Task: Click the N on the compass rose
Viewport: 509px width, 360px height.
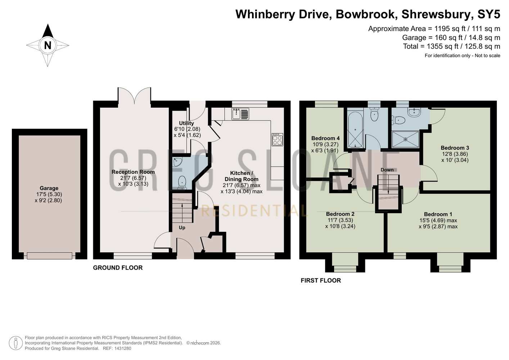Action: (48, 45)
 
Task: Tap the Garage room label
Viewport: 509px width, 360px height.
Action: (49, 188)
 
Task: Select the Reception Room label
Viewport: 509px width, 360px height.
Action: (133, 172)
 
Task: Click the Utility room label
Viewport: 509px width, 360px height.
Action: (186, 123)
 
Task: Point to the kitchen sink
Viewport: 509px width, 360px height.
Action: (240, 114)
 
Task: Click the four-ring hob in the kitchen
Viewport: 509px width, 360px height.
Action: (278, 140)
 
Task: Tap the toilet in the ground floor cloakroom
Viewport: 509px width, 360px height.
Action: (182, 183)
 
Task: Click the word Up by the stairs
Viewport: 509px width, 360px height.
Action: (182, 228)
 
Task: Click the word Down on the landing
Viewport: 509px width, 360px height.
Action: (387, 170)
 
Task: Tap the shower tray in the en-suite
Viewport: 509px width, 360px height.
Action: (405, 139)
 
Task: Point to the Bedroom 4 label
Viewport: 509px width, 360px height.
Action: (325, 138)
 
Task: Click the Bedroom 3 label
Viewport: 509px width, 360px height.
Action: (455, 148)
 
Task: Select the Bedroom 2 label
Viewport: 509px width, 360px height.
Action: (340, 214)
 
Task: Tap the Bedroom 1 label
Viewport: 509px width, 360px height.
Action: (438, 214)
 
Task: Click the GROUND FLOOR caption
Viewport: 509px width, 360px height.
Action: (118, 268)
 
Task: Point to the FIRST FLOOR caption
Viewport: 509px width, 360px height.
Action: (321, 280)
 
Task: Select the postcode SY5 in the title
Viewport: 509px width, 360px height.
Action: (489, 14)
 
